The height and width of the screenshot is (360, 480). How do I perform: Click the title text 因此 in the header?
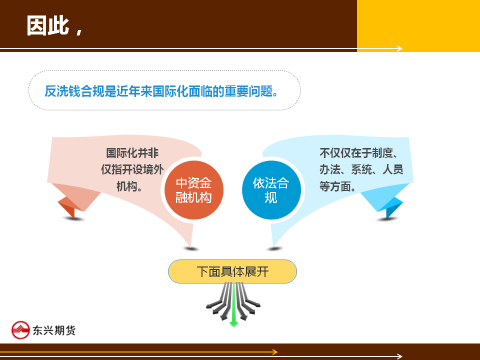click(48, 25)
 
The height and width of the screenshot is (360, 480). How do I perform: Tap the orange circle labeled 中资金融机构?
click(194, 190)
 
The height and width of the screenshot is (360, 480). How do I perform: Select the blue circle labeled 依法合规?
click(271, 190)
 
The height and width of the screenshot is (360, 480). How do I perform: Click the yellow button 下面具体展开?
click(232, 271)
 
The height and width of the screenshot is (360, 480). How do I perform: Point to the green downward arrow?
click(234, 304)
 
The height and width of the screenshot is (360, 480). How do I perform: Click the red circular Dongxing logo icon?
click(20, 330)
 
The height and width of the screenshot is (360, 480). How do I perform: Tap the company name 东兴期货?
click(54, 330)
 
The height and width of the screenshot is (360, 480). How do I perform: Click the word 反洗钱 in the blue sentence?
click(62, 91)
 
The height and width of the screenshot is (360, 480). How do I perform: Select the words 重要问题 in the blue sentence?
click(248, 91)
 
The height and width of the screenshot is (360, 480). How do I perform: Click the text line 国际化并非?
click(132, 153)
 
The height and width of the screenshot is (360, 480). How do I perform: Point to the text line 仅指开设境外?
click(132, 169)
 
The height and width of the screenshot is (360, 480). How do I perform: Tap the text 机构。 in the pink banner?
click(129, 186)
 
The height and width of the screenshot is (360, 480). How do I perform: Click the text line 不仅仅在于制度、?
click(358, 153)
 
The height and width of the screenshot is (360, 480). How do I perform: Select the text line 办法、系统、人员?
click(361, 169)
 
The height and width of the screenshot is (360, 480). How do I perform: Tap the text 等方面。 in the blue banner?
click(337, 186)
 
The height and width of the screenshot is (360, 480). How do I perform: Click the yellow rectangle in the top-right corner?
click(418, 25)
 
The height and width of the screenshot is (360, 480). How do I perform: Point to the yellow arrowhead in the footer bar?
click(275, 352)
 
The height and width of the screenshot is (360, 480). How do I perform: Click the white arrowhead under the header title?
click(399, 48)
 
